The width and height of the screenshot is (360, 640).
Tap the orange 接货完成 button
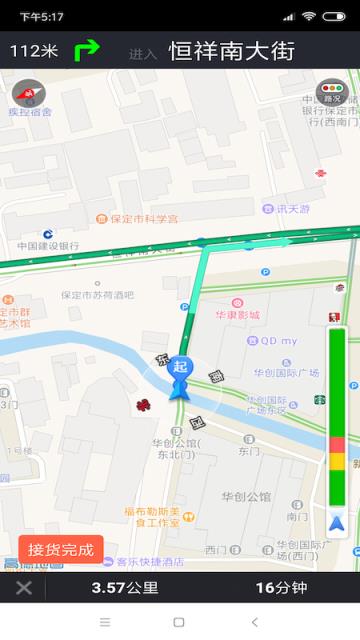tap(60, 549)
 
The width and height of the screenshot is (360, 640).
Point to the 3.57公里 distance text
tap(125, 587)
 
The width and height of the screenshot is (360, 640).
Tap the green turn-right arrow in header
tap(88, 49)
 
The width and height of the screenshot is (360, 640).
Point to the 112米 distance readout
tap(34, 50)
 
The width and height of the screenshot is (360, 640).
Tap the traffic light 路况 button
tap(329, 94)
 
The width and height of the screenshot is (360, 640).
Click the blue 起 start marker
tap(180, 368)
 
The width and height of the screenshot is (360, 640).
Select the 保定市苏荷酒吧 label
tap(97, 295)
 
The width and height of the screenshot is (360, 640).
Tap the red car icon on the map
tap(143, 405)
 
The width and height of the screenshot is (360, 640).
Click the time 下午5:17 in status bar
tap(41, 16)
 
